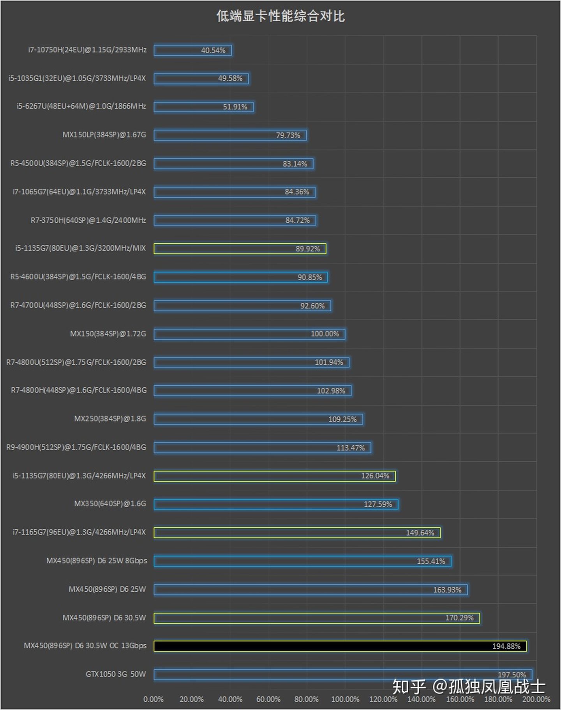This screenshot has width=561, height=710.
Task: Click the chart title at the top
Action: pos(280,16)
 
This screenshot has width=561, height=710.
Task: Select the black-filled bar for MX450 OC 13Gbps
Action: pos(340,646)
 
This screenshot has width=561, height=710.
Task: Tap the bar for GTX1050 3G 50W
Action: pos(343,675)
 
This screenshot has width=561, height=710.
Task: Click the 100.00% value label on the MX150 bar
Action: pos(325,334)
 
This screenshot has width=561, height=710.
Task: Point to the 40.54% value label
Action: pos(213,50)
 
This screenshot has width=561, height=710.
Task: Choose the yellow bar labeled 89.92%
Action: pos(240,249)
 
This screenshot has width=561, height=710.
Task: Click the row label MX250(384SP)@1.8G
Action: pos(110,419)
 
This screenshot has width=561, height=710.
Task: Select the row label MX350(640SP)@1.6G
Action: pos(110,504)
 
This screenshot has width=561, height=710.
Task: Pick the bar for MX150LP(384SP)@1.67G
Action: pos(230,135)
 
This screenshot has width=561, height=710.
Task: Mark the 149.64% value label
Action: pos(420,533)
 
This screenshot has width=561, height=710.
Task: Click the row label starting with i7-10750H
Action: pos(87,50)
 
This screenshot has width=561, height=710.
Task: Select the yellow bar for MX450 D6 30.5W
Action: pos(316,618)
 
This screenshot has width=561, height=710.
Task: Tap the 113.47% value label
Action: pos(351,448)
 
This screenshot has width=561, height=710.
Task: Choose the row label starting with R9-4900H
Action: pos(76,447)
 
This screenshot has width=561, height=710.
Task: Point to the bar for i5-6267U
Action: pos(203,107)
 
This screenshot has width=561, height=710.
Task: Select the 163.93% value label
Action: pos(447,590)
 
